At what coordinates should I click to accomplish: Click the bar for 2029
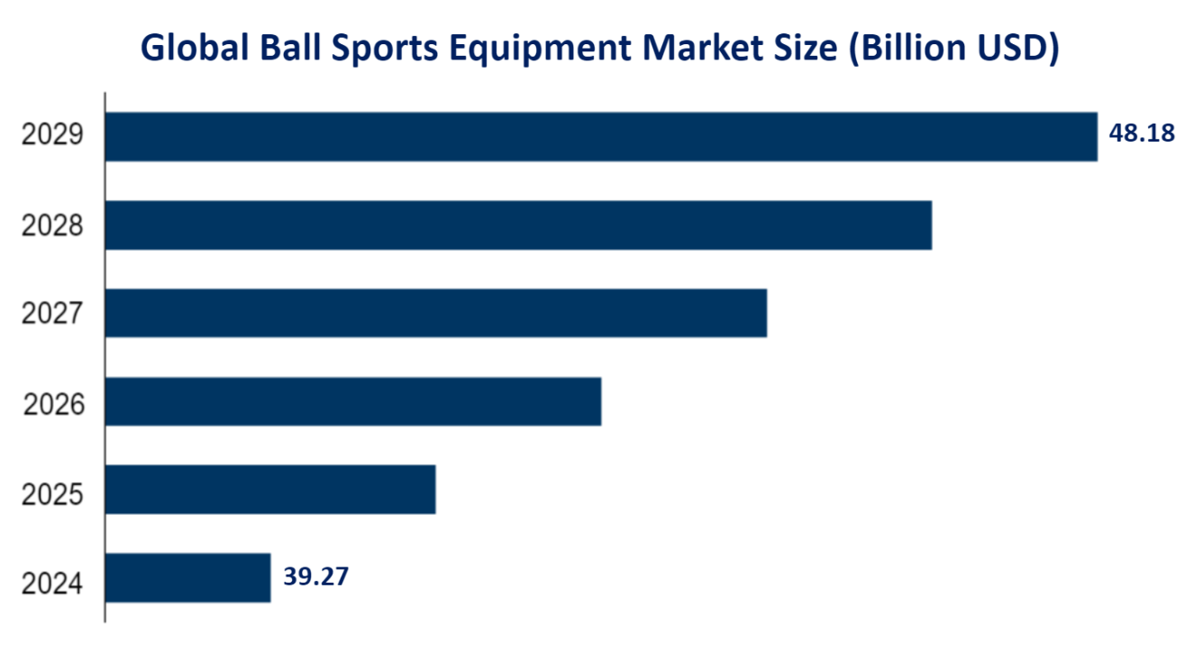[x=601, y=137]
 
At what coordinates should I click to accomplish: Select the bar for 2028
[x=518, y=225]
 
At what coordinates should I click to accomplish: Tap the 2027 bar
[x=436, y=313]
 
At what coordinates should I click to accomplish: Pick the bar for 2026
[x=353, y=401]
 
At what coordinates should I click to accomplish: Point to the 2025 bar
[x=270, y=490]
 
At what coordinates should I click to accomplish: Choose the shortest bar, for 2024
[x=187, y=578]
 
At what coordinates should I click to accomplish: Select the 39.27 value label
[x=315, y=576]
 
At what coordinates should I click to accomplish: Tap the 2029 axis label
[x=52, y=136]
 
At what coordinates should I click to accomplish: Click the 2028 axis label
[x=52, y=225]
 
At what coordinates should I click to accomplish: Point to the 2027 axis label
[x=52, y=314]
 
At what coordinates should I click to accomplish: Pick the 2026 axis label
[x=52, y=405]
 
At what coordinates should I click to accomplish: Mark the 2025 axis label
[x=52, y=494]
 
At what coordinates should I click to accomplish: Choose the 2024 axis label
[x=52, y=584]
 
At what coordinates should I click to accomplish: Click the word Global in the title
[x=195, y=50]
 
